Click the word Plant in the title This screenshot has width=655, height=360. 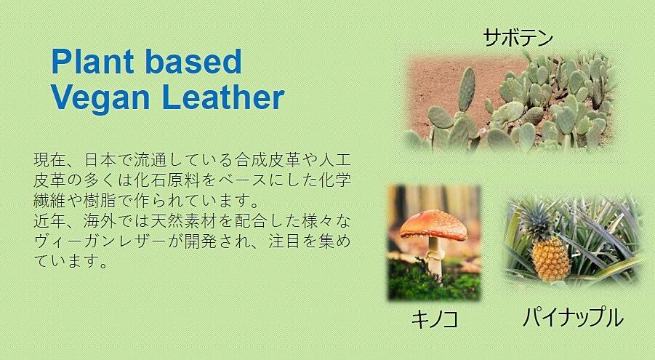(x=92, y=62)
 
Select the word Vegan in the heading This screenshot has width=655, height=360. (x=100, y=99)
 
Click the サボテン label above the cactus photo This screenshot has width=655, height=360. (x=518, y=37)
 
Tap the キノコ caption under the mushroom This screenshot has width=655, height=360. (x=435, y=319)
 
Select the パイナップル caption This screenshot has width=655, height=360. (x=573, y=317)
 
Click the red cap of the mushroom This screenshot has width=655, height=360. (x=433, y=225)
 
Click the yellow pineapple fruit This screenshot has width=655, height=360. (x=550, y=258)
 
